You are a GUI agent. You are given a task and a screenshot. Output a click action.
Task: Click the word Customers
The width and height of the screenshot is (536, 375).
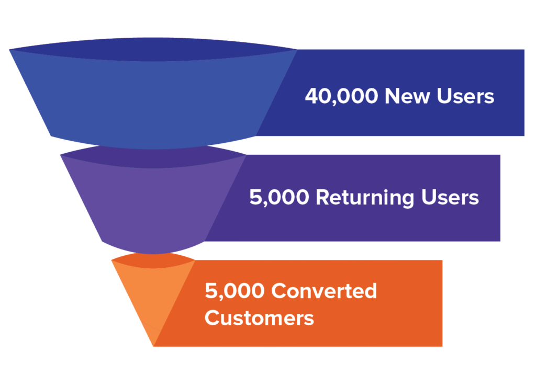point(259,317)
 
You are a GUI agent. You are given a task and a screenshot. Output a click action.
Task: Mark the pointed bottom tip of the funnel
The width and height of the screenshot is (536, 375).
point(153,345)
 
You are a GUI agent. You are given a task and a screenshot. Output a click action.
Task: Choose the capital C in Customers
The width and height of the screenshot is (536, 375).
point(212,317)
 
